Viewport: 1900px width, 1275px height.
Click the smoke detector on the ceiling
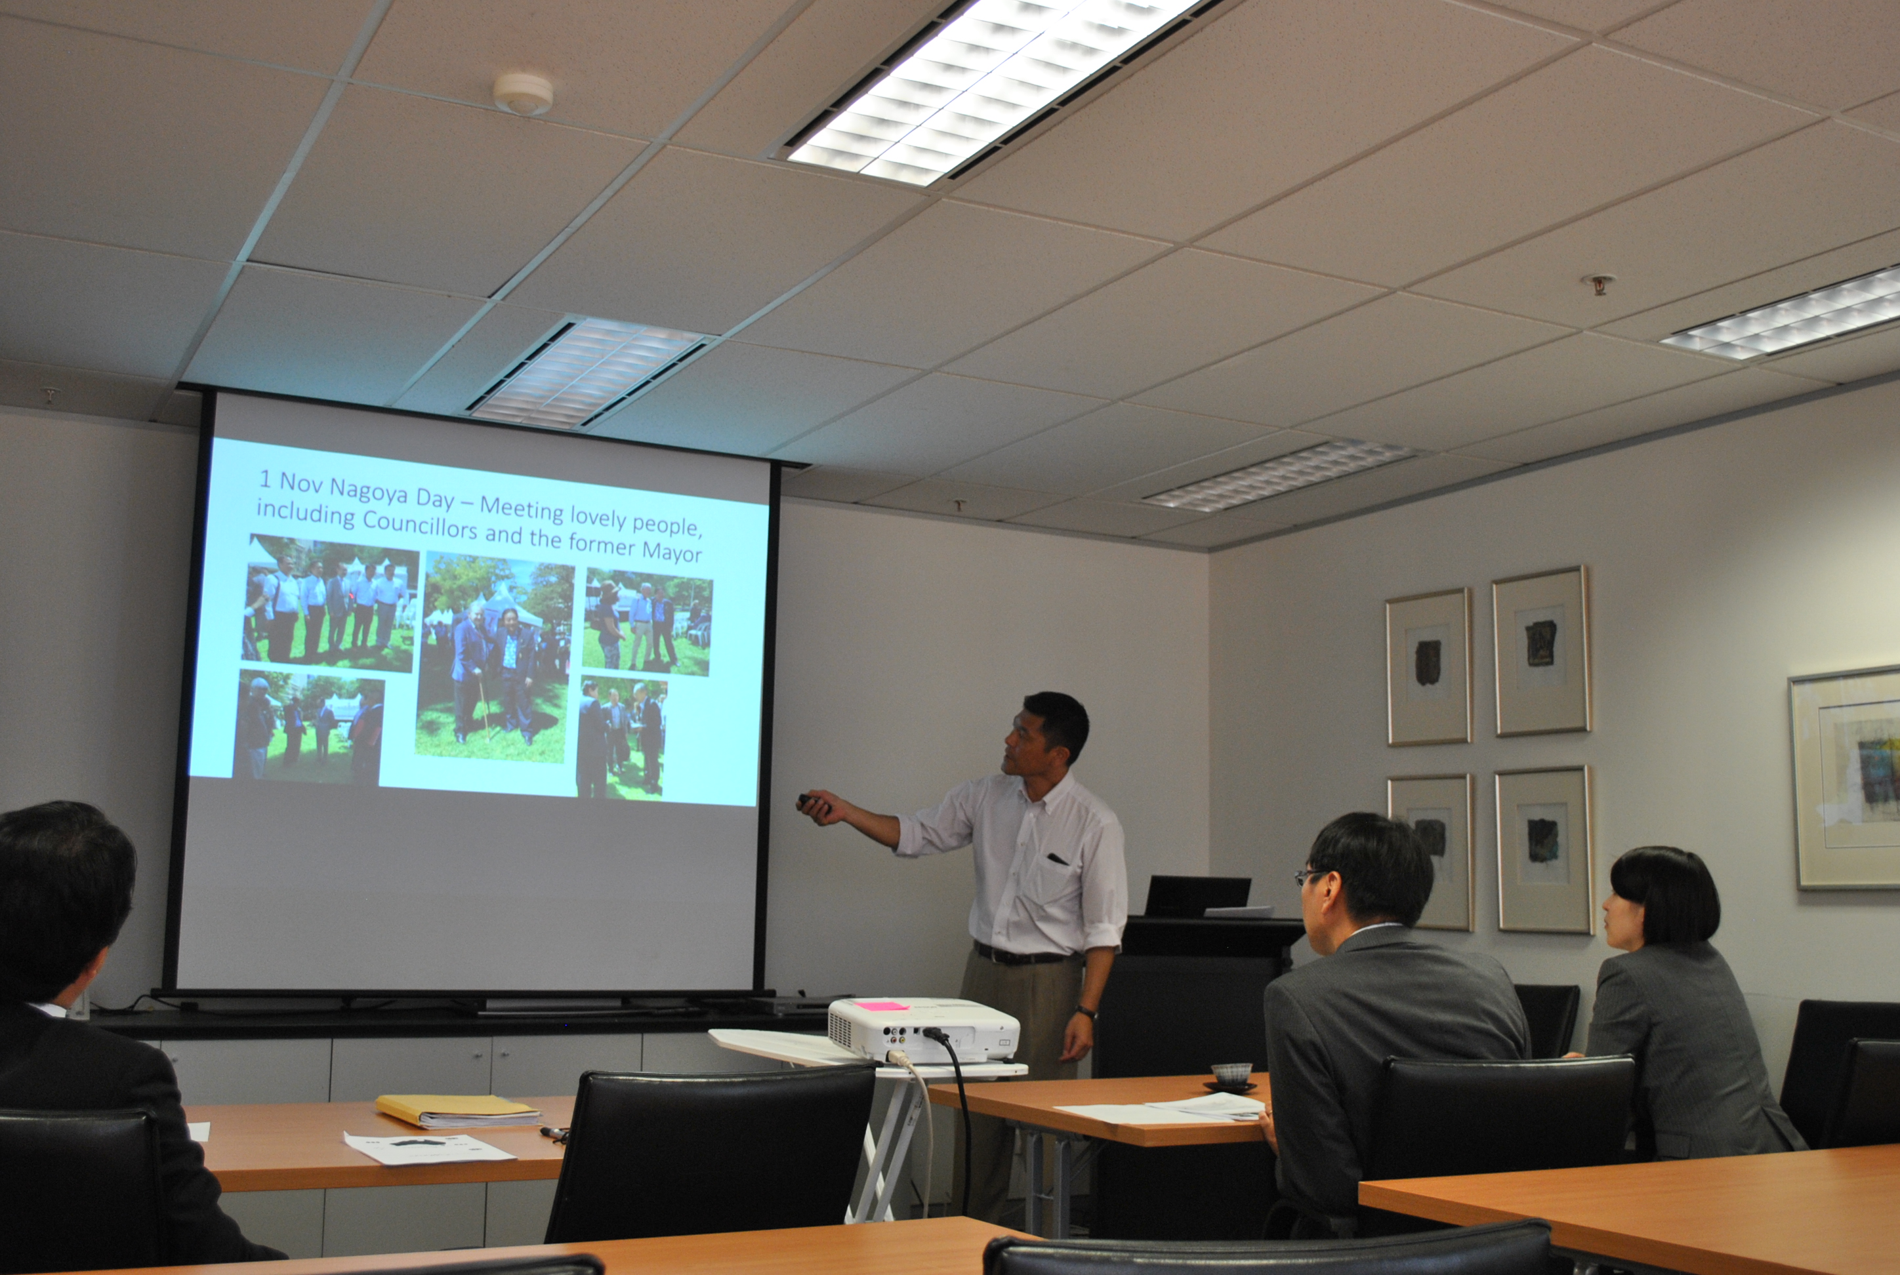523,94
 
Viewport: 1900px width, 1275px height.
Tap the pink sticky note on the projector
880,1006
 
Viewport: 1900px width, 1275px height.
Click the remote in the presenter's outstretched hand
811,801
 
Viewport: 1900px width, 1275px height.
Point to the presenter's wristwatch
1085,1013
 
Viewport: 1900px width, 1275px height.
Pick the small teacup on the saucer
1231,1074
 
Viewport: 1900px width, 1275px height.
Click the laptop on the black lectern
1197,896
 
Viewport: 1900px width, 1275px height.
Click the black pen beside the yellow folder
554,1133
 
